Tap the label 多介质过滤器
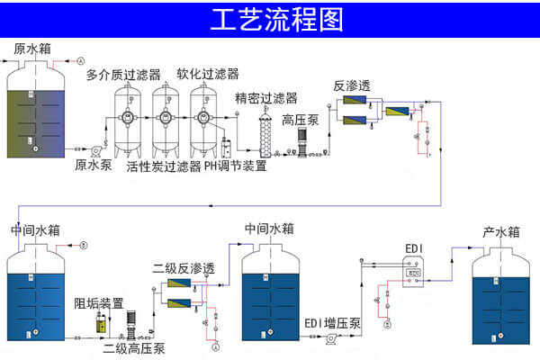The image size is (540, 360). point(123,75)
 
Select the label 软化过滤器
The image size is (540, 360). point(207,74)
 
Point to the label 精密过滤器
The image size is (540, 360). point(265,98)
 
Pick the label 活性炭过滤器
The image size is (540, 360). point(163,166)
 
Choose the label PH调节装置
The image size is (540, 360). point(235,166)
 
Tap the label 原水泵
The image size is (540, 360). point(94,165)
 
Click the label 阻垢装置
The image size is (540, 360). point(98,302)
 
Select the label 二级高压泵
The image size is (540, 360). point(134,349)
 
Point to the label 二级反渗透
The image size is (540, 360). point(184,269)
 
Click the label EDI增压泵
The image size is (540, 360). point(330,323)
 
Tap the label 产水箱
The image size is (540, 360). point(501,232)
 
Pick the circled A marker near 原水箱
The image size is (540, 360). point(80,59)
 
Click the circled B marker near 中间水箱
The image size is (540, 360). point(84,245)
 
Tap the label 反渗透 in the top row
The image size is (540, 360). point(351,86)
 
